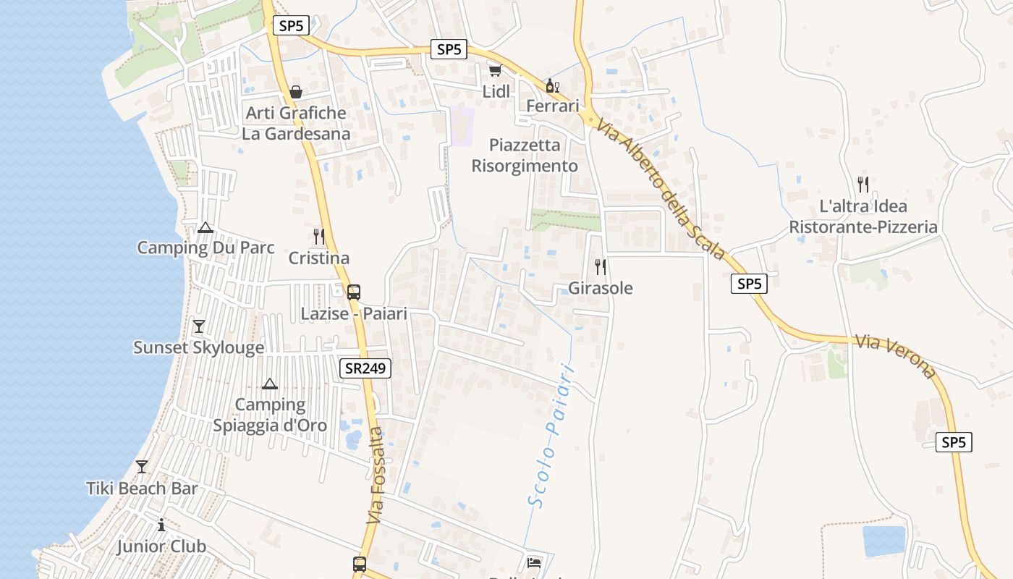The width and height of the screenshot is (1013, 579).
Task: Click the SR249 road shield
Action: pyautogui.click(x=365, y=368)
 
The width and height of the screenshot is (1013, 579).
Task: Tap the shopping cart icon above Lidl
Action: pyautogui.click(x=496, y=70)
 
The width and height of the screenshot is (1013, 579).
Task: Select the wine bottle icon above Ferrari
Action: pyautogui.click(x=552, y=85)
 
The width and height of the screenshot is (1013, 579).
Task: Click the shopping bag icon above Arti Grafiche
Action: pyautogui.click(x=296, y=92)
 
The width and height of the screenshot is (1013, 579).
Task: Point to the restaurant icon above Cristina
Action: pyautogui.click(x=318, y=237)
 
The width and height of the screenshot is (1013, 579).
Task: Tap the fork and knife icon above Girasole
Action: pyautogui.click(x=601, y=267)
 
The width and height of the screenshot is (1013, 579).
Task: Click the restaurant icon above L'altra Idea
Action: pyautogui.click(x=862, y=185)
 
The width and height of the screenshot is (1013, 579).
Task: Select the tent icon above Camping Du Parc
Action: pyautogui.click(x=205, y=228)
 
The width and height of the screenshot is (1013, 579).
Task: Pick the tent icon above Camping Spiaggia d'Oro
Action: pyautogui.click(x=270, y=384)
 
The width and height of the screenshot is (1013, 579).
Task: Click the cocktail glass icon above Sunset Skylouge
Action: pyautogui.click(x=199, y=326)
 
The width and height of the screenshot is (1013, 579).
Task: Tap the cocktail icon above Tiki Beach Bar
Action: pyautogui.click(x=142, y=467)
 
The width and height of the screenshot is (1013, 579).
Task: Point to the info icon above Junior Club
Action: pyautogui.click(x=161, y=525)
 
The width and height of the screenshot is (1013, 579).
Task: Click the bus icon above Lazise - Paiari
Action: pyautogui.click(x=354, y=292)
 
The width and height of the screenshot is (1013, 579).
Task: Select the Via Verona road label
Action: pyautogui.click(x=895, y=356)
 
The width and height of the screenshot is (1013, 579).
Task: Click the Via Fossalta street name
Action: pyautogui.click(x=376, y=476)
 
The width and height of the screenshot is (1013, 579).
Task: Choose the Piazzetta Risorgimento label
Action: pyautogui.click(x=525, y=156)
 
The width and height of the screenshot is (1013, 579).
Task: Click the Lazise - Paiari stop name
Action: pyautogui.click(x=354, y=314)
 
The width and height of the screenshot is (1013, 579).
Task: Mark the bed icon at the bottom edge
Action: pyautogui.click(x=534, y=562)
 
